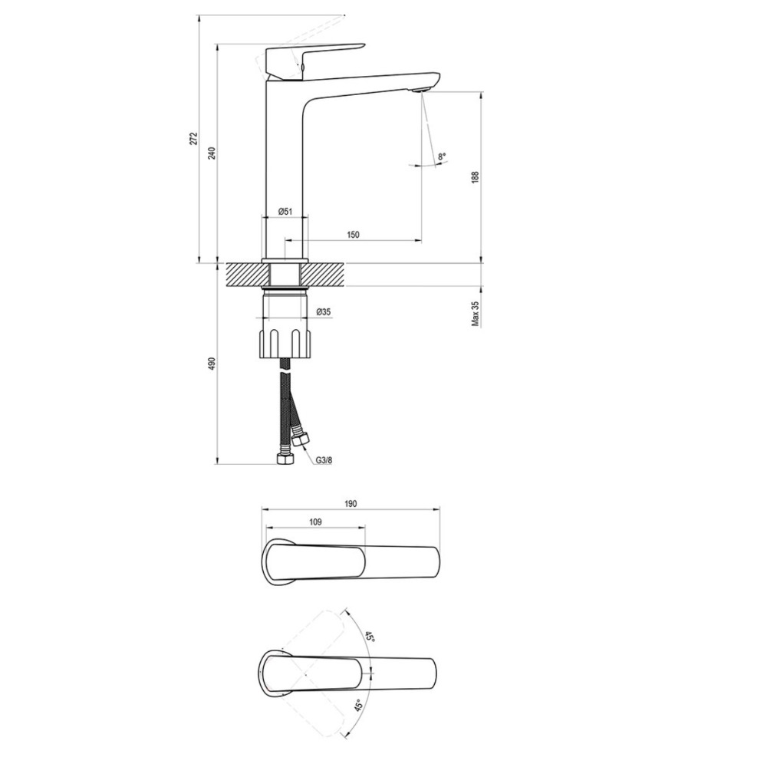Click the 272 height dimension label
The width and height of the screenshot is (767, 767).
(194, 138)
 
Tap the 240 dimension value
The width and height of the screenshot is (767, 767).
(212, 153)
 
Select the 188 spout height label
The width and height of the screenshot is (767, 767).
(475, 177)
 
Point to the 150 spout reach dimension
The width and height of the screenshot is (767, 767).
(353, 235)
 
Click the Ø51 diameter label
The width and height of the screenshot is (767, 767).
(285, 212)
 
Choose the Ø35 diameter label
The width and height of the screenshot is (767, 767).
(324, 311)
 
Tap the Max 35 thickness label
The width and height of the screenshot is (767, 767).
(475, 313)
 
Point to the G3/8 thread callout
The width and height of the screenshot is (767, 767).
(324, 460)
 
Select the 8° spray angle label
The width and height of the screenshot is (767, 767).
(443, 156)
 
